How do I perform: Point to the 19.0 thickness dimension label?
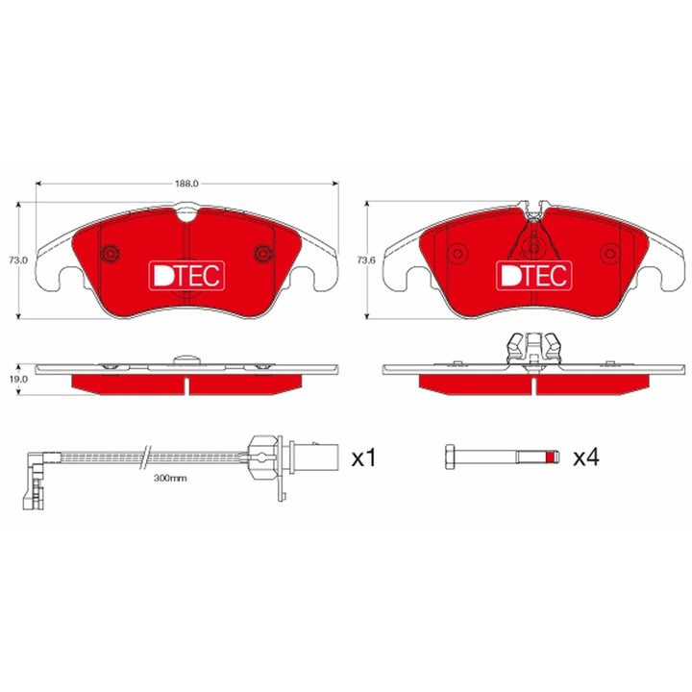(x=15, y=379)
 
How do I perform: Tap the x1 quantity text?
(x=361, y=458)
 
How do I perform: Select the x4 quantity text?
(x=584, y=458)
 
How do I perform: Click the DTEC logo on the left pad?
(x=186, y=276)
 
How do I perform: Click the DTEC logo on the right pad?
(x=533, y=276)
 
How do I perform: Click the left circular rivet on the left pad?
(x=111, y=254)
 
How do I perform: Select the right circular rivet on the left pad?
(x=263, y=254)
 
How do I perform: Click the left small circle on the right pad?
(x=457, y=254)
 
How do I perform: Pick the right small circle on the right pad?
(x=609, y=254)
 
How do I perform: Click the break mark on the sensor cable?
(x=146, y=452)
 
